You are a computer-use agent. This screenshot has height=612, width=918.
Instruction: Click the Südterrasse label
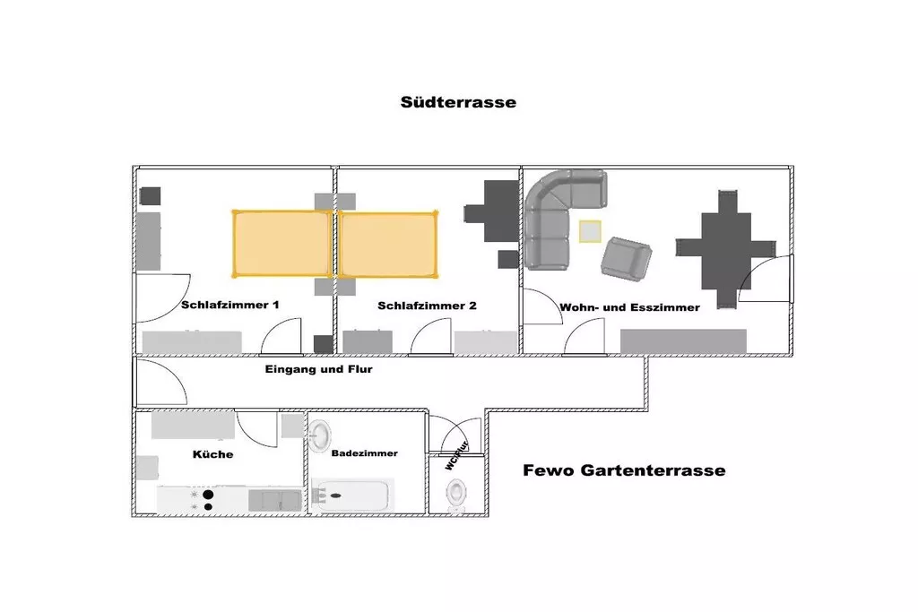point(458,102)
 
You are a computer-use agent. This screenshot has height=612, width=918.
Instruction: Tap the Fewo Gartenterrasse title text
point(624,470)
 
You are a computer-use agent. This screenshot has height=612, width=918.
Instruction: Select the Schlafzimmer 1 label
point(230,305)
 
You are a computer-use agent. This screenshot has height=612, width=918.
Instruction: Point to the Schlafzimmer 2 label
point(427,306)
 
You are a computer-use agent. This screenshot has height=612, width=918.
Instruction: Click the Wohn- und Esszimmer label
point(629,307)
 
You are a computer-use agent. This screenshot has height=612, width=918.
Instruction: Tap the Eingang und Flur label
point(318,368)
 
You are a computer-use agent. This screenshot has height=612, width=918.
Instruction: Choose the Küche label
point(212,454)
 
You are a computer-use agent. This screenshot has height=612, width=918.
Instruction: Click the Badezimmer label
point(364,453)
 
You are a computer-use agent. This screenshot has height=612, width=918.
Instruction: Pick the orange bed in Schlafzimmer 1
point(281,243)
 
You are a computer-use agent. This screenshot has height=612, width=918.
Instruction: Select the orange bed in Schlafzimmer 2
point(388,243)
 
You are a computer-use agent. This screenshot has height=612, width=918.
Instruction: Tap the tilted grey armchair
point(625,257)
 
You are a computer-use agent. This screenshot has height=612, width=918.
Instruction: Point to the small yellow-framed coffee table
point(590,231)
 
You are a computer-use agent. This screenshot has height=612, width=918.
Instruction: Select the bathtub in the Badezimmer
point(353,496)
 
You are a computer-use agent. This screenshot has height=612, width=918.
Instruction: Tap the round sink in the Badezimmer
point(322,436)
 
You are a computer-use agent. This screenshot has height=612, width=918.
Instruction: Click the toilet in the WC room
point(457,493)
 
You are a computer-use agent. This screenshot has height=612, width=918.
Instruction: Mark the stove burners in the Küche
point(208,500)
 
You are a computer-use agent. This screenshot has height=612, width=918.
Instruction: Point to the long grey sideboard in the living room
point(683,341)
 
